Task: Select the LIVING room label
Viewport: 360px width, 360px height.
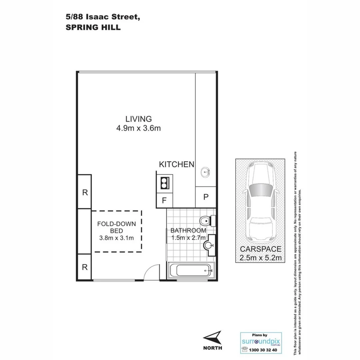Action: (138, 119)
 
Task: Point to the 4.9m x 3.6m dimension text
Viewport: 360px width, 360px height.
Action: (138, 128)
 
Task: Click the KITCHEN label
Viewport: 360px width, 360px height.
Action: (176, 164)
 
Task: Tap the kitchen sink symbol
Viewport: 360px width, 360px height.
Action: (205, 172)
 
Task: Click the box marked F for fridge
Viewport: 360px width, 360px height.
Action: (164, 201)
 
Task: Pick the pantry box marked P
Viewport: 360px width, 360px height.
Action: (206, 197)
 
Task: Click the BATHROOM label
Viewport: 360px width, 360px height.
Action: (188, 230)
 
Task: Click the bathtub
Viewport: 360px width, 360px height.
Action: (191, 270)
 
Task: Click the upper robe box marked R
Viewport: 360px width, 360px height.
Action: (85, 192)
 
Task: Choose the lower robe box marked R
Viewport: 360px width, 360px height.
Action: (85, 267)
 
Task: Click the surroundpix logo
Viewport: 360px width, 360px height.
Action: (261, 342)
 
